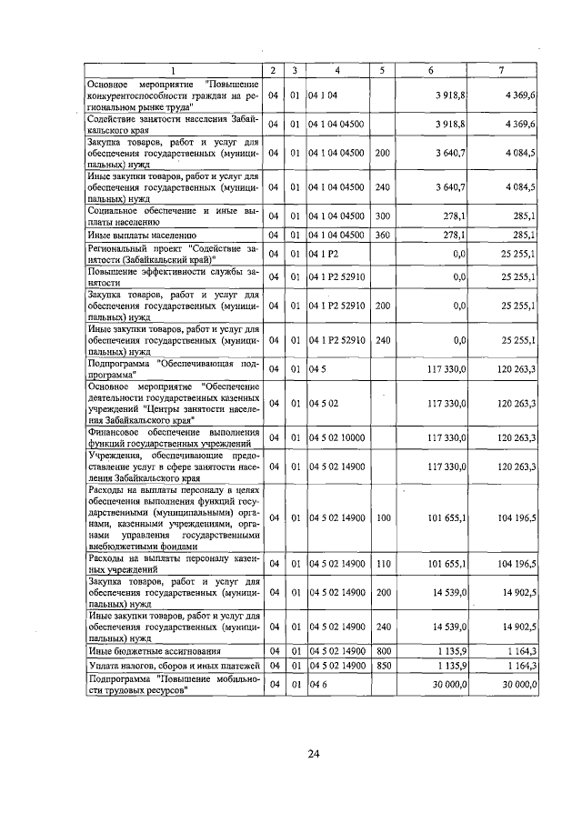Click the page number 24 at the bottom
click(314, 754)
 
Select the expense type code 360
click(382, 235)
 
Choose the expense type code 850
click(382, 665)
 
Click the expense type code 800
click(382, 651)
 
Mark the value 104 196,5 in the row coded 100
click(516, 517)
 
